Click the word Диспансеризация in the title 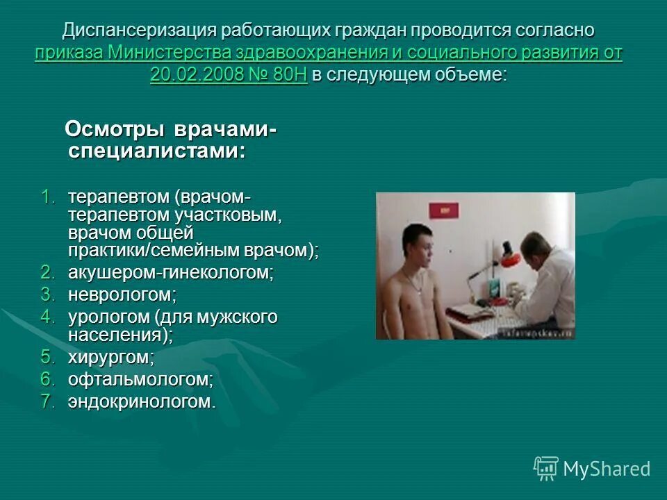point(138,31)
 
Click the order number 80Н point(290,75)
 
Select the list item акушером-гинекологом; point(171,273)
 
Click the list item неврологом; point(122,294)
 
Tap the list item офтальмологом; point(140,379)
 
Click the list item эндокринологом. point(142,401)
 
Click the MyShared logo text point(607,469)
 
